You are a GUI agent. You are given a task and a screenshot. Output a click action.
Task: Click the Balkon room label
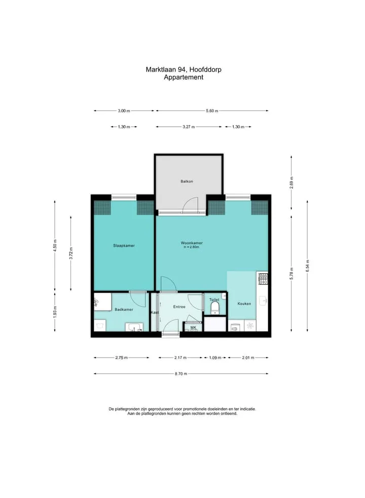click(187, 182)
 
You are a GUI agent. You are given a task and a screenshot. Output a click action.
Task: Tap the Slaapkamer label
click(124, 245)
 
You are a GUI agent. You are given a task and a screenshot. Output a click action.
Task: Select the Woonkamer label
click(192, 243)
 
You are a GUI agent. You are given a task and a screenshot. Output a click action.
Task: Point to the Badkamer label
click(124, 309)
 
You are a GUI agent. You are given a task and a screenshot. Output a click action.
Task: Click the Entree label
click(179, 307)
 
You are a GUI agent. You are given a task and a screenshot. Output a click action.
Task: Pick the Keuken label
click(244, 304)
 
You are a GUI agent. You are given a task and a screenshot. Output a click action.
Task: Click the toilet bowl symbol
click(215, 307)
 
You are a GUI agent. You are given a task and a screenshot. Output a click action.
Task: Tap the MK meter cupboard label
click(193, 328)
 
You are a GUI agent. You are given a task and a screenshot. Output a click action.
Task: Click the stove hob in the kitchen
click(263, 279)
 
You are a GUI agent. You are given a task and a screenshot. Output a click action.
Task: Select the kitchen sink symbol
click(263, 301)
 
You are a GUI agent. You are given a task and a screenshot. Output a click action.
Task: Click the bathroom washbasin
click(134, 327)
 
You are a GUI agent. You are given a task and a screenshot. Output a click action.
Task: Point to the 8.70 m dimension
click(181, 374)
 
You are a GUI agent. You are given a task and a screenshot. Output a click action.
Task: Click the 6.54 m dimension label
click(307, 266)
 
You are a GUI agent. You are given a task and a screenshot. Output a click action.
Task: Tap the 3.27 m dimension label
click(189, 127)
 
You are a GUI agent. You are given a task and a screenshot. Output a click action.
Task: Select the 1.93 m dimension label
click(55, 312)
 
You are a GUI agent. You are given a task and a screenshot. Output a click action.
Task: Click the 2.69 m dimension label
click(291, 182)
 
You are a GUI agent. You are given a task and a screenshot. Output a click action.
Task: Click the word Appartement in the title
click(184, 77)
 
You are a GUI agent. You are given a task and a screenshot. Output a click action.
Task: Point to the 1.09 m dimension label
click(215, 358)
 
